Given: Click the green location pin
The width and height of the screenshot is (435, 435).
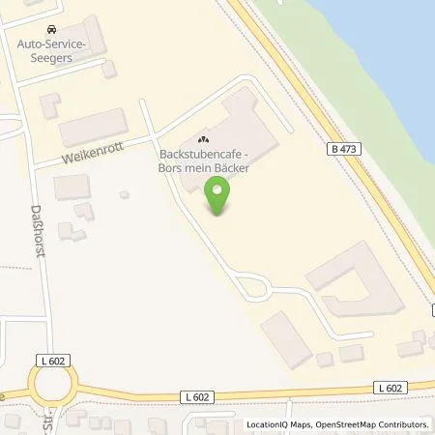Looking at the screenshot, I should point(219,197).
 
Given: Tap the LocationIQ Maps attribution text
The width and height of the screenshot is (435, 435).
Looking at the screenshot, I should point(279,424).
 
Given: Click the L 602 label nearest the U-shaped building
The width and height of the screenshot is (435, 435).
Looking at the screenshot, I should point(390,388).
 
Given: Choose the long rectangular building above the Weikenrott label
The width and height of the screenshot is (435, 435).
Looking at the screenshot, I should point(93,128).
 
